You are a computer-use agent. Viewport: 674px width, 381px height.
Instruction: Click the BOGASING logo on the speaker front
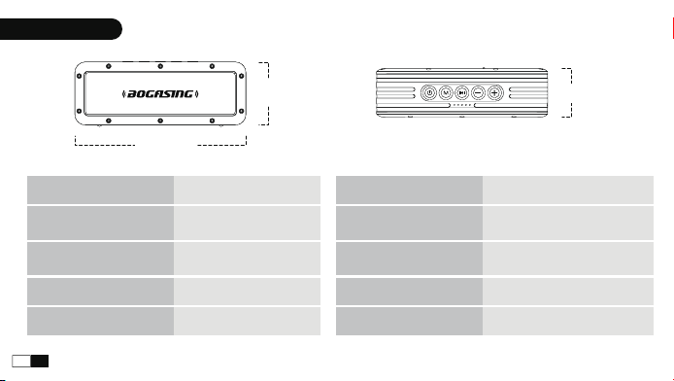point(160,93)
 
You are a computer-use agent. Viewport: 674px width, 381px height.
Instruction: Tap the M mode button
point(446,92)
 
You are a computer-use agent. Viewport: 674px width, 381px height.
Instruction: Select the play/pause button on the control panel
point(461,92)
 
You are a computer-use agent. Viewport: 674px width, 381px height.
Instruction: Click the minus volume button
point(478,92)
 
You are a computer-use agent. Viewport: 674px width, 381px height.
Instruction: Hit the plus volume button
point(494,92)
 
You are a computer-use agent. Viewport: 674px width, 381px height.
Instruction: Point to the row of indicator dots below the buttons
point(462,105)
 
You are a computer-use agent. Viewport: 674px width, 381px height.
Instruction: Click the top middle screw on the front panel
point(160,66)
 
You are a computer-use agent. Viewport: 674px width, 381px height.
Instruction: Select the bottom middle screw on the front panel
point(160,121)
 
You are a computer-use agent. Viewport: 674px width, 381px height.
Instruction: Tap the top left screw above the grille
point(109,66)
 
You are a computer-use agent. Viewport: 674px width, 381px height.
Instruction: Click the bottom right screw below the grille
point(212,121)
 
